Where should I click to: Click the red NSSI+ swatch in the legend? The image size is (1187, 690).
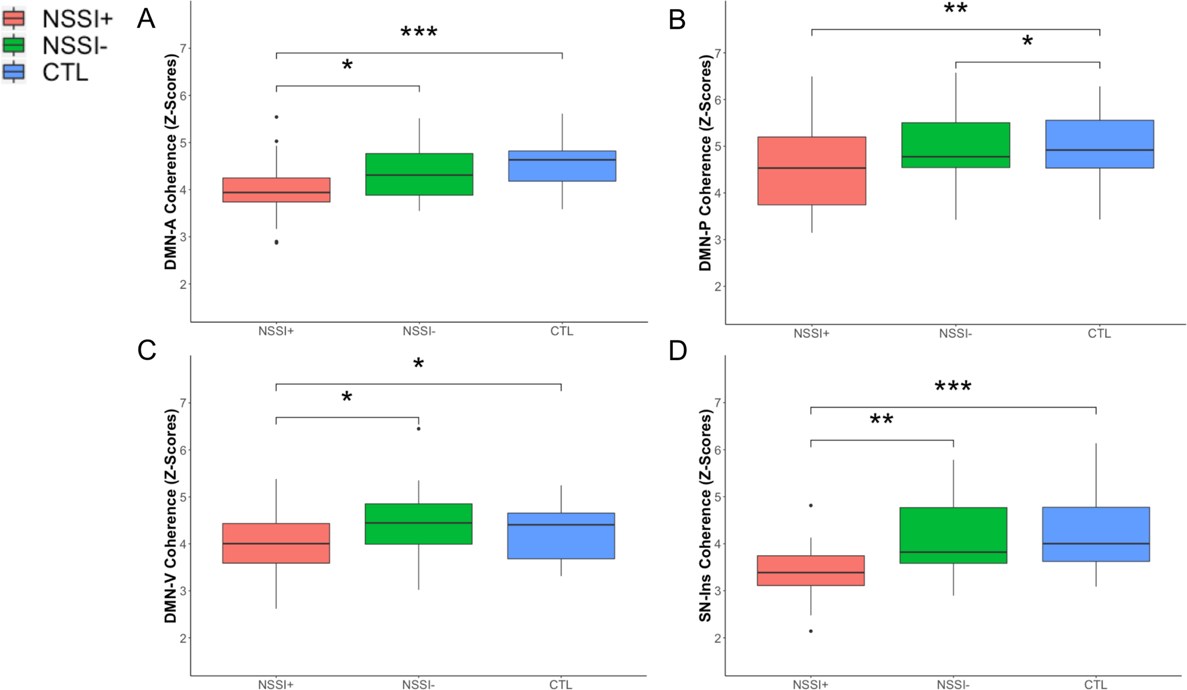tap(13, 18)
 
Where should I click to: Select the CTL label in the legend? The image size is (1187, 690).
tap(65, 73)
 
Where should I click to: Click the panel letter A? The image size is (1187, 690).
tap(146, 19)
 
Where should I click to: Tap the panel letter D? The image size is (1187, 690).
tap(678, 350)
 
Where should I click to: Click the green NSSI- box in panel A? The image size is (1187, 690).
tap(419, 174)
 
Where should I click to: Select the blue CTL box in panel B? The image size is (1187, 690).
tap(1099, 144)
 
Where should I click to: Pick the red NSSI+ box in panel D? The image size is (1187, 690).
tap(811, 570)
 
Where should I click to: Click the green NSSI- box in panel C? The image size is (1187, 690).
tap(418, 524)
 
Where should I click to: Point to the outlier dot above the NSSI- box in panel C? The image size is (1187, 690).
tap(419, 429)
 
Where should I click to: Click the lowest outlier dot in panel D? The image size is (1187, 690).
tap(811, 631)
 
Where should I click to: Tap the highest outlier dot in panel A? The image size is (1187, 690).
tap(276, 117)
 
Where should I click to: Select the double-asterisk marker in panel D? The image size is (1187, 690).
tap(881, 420)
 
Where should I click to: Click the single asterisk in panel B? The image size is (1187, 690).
tap(1027, 42)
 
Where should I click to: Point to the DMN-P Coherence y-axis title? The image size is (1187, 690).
tap(705, 163)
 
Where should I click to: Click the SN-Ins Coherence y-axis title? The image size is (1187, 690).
tap(705, 515)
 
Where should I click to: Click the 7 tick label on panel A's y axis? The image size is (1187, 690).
tap(183, 48)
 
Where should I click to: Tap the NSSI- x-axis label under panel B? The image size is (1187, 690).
tap(955, 334)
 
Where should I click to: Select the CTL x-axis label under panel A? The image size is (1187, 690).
tap(562, 331)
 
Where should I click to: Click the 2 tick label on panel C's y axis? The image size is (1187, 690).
tap(183, 638)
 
